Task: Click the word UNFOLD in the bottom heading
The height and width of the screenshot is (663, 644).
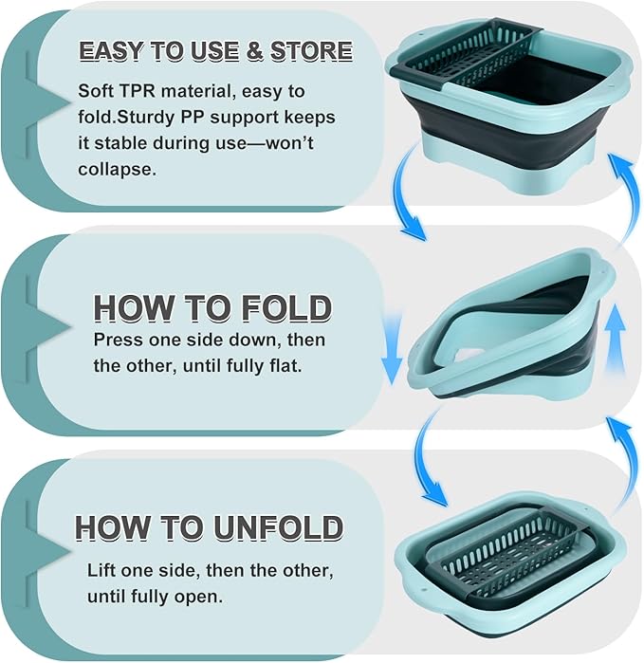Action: (x=278, y=528)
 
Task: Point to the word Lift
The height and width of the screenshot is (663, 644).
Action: (x=101, y=570)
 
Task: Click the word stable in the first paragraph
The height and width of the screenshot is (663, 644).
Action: (x=121, y=143)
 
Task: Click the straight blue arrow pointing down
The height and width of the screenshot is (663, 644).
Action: (x=392, y=351)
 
